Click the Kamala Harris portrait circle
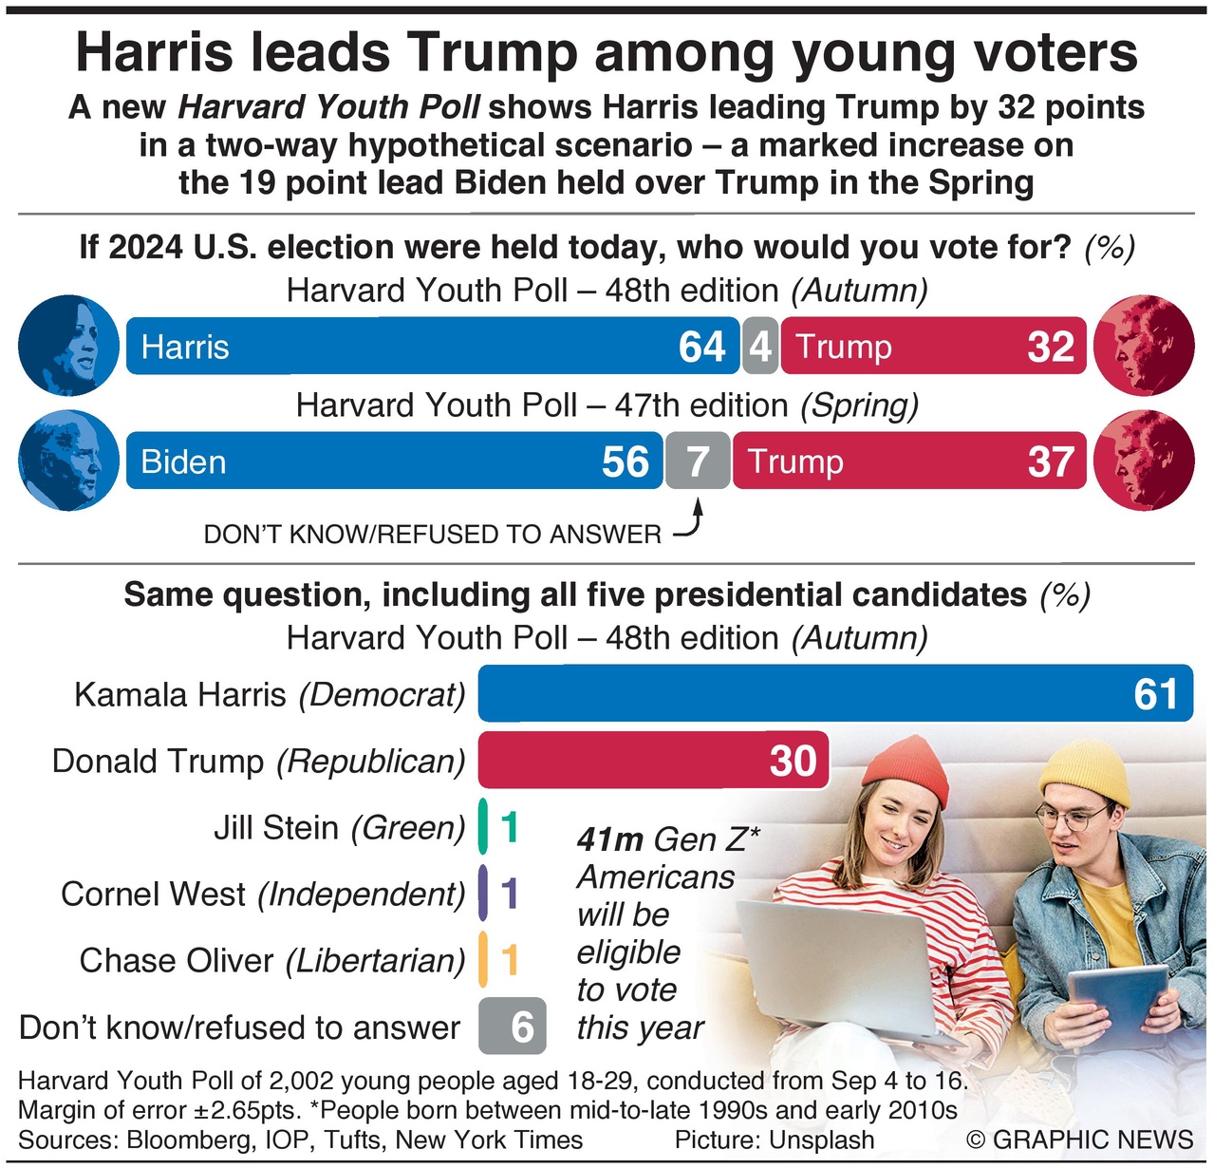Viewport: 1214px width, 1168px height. (68, 345)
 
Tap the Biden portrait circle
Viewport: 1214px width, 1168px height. (68, 462)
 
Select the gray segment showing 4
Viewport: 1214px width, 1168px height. (760, 346)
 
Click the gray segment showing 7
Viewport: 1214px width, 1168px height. (698, 462)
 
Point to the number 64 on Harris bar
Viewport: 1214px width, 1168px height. (702, 347)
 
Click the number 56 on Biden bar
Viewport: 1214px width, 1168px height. (626, 462)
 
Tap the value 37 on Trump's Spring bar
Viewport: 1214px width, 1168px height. (1050, 462)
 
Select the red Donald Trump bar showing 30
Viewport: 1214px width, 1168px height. (653, 760)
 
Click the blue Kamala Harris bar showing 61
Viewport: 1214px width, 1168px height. (835, 693)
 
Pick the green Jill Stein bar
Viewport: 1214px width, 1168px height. (483, 826)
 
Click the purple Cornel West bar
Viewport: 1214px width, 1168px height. (483, 893)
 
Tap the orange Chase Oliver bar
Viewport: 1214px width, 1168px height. (483, 959)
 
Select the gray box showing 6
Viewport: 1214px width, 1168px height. (513, 1027)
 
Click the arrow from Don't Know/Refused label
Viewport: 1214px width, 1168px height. (692, 523)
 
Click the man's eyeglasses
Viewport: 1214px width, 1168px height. (1073, 817)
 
